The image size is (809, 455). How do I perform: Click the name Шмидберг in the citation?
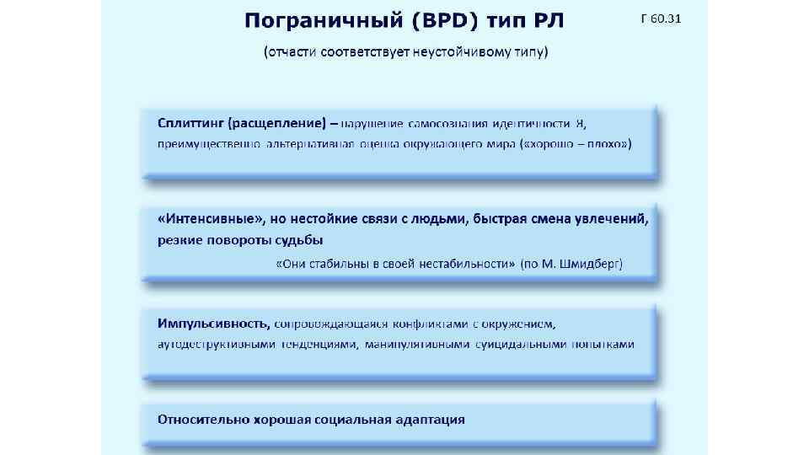coord(589,264)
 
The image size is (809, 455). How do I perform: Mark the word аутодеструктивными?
coord(216,344)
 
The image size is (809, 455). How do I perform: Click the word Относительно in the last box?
coord(199,419)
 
